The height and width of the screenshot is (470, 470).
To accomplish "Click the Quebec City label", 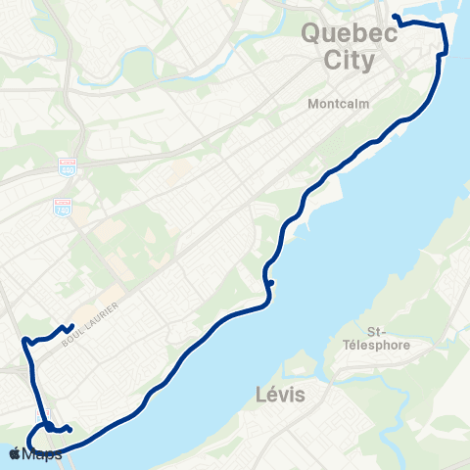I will point(349,46).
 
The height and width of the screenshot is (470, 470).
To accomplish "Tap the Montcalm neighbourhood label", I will point(337,103).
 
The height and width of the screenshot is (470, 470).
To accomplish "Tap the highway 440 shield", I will point(66,168).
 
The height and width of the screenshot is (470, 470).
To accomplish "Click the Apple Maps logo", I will point(34,454).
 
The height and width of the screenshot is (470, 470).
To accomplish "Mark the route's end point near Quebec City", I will point(394,17).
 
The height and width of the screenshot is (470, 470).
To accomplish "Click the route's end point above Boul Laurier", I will point(72,327).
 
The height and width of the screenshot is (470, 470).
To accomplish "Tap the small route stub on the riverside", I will point(271,284).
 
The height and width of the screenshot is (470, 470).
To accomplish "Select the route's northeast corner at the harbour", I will point(444,28).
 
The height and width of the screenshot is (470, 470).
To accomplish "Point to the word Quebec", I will point(349,33).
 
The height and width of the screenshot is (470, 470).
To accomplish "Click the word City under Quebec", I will point(349,60).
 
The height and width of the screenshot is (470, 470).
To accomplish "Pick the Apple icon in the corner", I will point(16,454).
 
